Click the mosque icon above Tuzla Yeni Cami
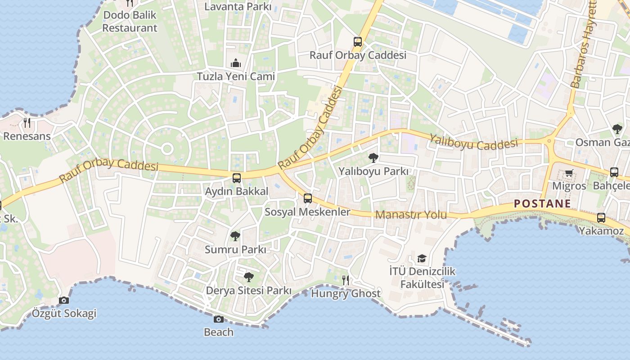(236, 63)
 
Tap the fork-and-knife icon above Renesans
(27, 122)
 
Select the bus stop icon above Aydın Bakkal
(237, 178)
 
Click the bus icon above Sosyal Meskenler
(308, 198)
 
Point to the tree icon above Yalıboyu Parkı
(373, 157)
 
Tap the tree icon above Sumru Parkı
(235, 236)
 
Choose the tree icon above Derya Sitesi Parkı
(248, 277)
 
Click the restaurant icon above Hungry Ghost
(346, 280)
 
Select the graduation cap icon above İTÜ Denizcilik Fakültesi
(422, 258)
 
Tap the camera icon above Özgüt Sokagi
(64, 300)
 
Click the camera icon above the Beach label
(219, 319)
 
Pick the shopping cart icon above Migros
(569, 173)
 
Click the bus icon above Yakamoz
(601, 218)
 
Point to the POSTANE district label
(542, 204)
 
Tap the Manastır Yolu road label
(411, 215)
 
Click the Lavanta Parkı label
(238, 7)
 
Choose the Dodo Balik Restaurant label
(130, 21)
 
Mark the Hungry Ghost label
(346, 294)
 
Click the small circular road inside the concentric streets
(167, 148)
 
